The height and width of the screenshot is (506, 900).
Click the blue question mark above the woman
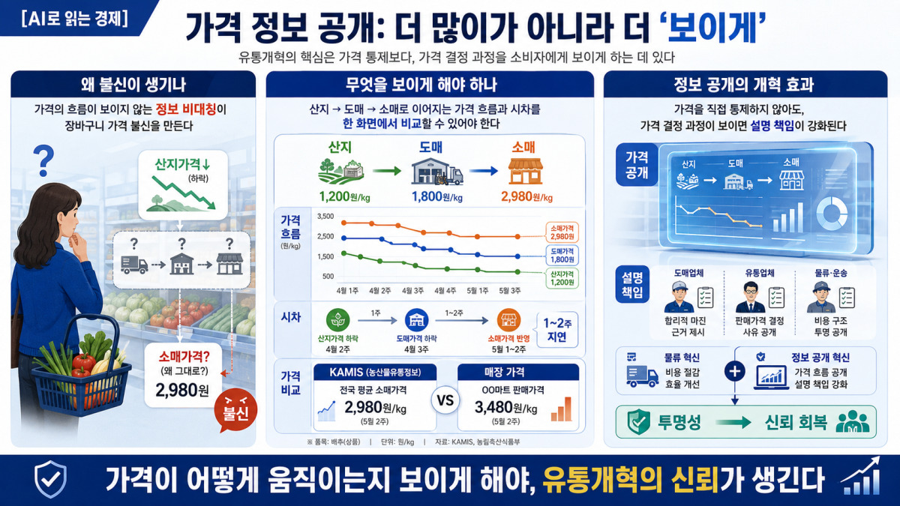coord(43,161)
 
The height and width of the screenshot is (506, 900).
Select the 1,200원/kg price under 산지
coord(344,196)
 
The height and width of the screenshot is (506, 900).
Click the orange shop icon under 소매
coord(525,171)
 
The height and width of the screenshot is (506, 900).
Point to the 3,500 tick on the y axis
coord(325,217)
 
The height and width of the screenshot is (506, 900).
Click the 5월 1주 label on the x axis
coord(477,290)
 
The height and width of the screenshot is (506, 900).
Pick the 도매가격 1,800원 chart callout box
coord(562,256)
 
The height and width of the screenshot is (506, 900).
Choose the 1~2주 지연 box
coord(557,330)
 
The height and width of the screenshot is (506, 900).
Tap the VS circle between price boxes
coord(445,400)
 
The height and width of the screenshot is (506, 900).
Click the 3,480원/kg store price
coord(505,408)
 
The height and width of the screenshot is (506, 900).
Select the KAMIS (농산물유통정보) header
coord(375,373)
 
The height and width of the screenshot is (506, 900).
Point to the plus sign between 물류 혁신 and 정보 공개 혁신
coord(734,371)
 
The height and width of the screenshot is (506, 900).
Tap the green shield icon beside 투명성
coord(638,422)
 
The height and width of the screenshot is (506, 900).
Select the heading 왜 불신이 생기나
coord(133,85)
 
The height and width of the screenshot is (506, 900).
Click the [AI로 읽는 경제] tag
coord(74,19)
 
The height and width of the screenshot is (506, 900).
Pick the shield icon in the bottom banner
coord(51,479)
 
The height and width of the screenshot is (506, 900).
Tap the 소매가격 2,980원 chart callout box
coord(562,232)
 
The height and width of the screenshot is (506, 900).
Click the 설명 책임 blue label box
coord(632,284)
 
